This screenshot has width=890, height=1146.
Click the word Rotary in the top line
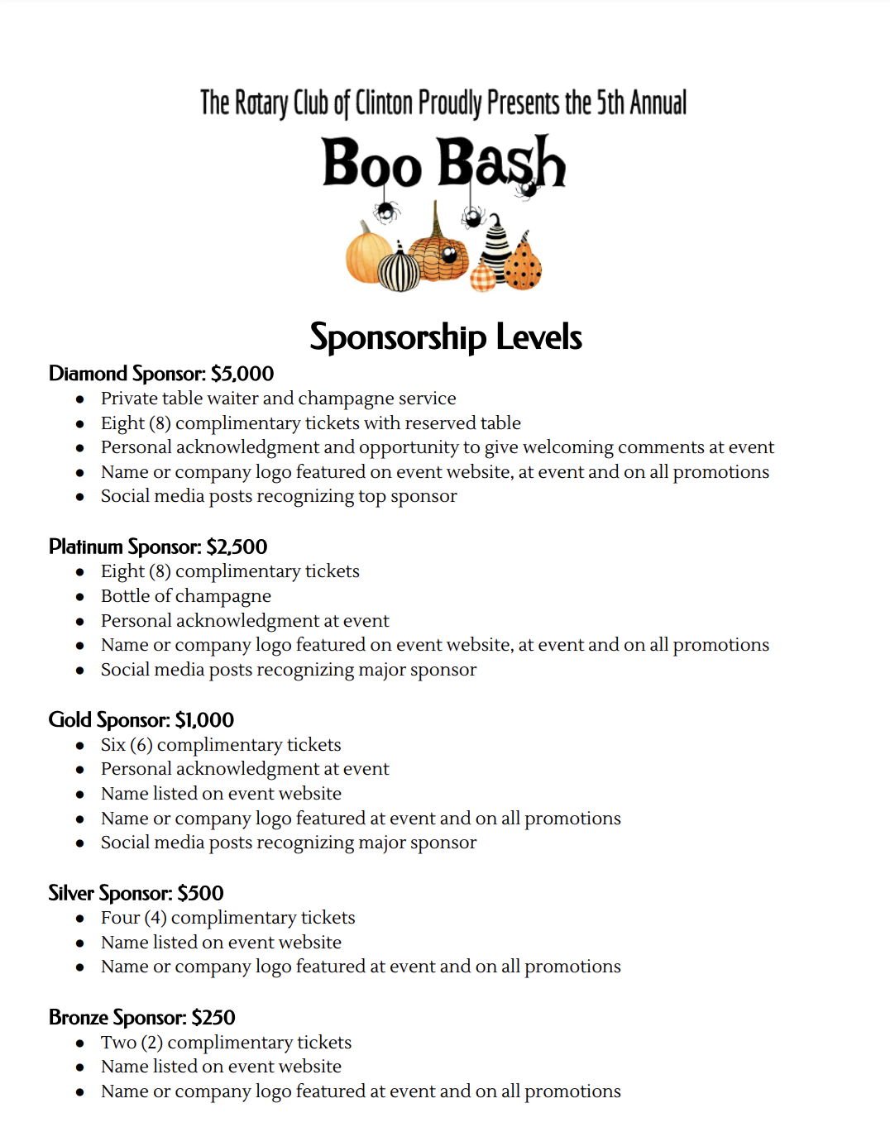261,103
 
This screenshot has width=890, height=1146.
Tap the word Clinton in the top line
384,103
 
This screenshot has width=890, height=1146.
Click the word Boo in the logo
371,163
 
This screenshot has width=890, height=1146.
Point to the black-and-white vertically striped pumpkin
400,270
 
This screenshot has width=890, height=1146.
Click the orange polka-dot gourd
523,264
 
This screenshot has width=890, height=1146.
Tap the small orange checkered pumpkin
483,278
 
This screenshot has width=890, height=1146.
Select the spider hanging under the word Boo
385,212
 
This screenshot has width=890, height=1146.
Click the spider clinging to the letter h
526,189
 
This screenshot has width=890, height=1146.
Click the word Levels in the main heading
538,337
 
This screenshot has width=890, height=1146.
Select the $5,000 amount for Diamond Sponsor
242,374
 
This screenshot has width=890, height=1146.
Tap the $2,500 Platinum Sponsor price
237,547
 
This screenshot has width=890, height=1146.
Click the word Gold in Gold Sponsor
69,720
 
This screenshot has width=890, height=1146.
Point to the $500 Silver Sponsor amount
200,893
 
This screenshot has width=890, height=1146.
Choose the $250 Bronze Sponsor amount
213,1017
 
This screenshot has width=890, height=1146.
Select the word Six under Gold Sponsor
112,745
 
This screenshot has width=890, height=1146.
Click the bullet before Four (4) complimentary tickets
80,919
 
